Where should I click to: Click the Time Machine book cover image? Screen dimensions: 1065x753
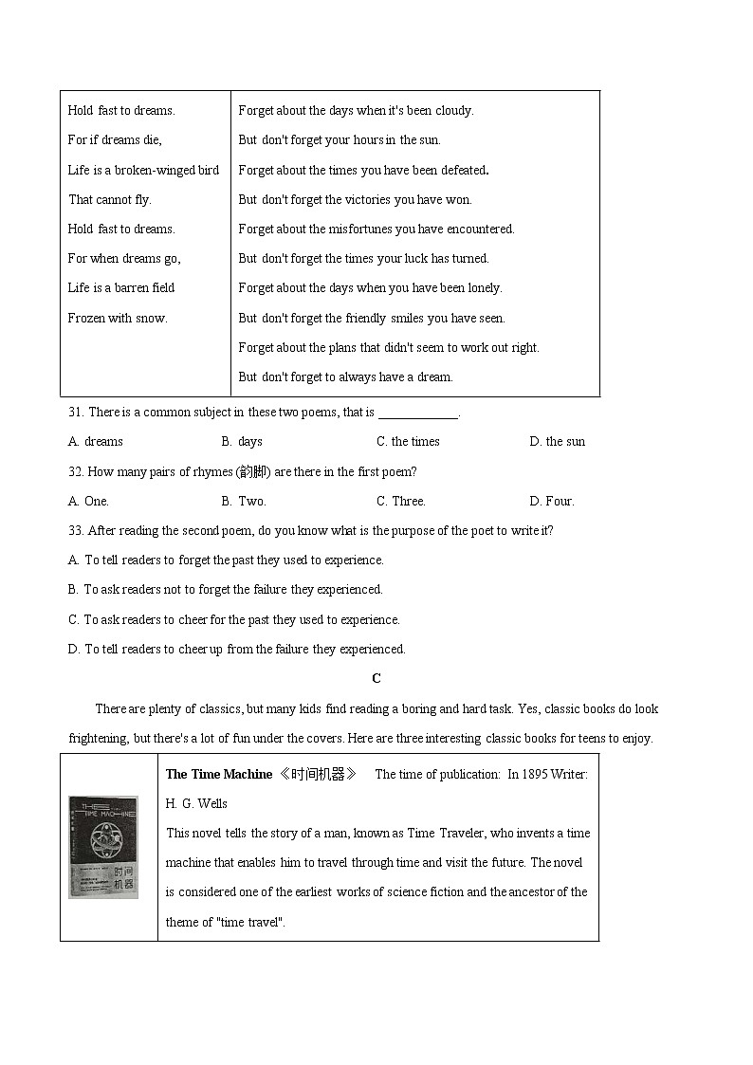point(103,847)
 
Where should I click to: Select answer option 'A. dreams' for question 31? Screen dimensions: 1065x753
point(96,441)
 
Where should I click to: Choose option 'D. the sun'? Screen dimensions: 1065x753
point(558,441)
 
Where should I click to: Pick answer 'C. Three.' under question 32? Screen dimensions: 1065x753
point(401,501)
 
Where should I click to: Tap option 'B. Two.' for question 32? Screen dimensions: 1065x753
point(244,501)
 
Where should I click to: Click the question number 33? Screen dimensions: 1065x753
point(76,530)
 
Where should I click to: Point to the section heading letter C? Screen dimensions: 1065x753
point(376,678)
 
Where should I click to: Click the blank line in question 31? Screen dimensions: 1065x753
point(417,413)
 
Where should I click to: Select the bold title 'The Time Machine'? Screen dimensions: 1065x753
point(219,774)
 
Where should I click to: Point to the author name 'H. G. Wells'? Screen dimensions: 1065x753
point(196,803)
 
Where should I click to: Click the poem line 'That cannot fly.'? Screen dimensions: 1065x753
point(110,199)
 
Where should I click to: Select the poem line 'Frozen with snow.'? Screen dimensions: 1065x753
point(118,318)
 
